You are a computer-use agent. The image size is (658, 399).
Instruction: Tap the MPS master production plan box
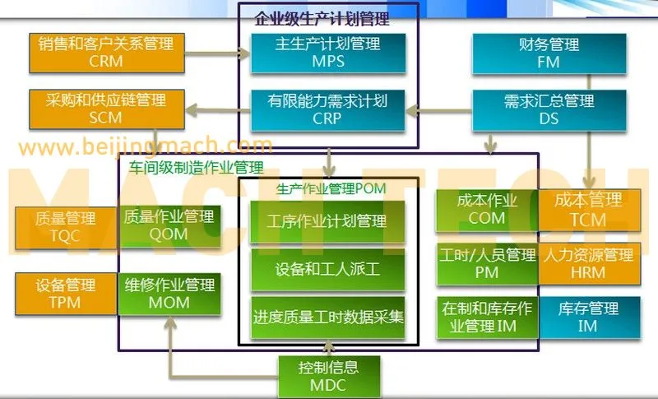point(327,52)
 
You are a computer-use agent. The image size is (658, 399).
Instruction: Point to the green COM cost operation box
point(485,209)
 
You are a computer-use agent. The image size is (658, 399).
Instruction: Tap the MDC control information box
point(328,375)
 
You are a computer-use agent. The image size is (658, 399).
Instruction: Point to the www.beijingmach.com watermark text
point(145,147)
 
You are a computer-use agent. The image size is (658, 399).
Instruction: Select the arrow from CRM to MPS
point(219,52)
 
